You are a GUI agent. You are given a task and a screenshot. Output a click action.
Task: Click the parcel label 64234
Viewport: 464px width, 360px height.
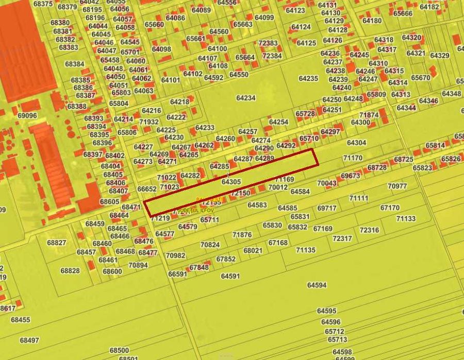[246, 98]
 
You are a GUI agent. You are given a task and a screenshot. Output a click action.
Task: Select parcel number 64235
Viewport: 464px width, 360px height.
[308, 78]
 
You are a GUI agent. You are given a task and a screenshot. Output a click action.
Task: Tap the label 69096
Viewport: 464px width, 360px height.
[27, 116]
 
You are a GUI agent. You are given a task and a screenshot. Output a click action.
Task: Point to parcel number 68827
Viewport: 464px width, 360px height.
[56, 243]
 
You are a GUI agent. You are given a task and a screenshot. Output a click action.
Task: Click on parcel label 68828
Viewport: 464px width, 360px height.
[70, 271]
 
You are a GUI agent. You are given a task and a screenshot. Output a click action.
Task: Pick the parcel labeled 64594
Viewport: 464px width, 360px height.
[317, 285]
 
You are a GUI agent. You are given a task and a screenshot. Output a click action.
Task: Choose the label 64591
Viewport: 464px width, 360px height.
[230, 276]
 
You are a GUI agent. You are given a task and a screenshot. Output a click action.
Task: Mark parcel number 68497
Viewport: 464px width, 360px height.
[29, 340]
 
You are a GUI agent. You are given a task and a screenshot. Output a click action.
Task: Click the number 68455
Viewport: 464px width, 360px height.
[21, 320]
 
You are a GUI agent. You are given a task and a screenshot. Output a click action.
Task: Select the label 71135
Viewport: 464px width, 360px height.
[306, 250]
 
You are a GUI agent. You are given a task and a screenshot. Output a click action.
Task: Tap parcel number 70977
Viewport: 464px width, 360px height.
[397, 186]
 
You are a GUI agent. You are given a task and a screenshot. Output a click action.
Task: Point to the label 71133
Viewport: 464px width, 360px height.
[406, 219]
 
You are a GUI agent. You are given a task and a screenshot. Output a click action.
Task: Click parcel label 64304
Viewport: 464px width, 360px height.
[357, 143]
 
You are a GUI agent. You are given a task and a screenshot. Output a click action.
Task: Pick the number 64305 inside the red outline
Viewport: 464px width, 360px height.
[231, 182]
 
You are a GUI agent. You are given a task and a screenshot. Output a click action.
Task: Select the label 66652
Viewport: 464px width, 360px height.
[147, 189]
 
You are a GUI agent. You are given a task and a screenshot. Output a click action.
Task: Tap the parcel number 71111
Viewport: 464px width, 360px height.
[359, 198]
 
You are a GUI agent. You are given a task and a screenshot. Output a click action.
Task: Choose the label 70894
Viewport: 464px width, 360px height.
[138, 265]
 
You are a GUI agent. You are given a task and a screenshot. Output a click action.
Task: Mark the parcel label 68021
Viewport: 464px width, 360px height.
[253, 250]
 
